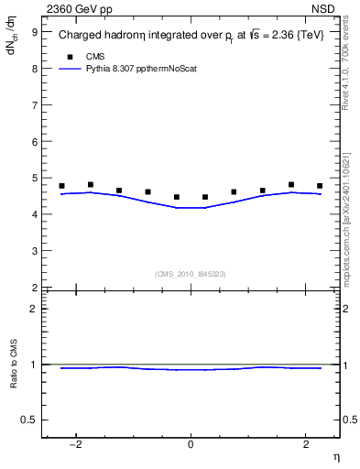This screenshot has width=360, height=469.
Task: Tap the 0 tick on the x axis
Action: pos(191,444)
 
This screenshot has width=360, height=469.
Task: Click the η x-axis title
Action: pos(335,457)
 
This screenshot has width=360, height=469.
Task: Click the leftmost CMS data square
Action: pos(61,186)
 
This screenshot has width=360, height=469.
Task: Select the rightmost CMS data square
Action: pos(320,186)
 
